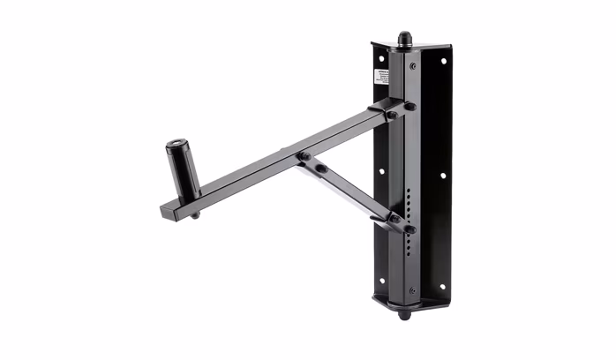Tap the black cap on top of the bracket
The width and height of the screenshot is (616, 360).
404,39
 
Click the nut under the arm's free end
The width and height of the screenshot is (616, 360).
194,214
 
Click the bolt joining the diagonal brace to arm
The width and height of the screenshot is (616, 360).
303,157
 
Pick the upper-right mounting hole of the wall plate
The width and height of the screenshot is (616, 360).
443,62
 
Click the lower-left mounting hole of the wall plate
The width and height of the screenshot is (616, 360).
381,281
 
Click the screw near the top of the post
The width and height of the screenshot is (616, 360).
412,66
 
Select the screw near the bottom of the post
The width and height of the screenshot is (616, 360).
412,289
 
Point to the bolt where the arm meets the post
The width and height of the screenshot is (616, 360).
409,107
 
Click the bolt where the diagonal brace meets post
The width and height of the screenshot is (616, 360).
409,229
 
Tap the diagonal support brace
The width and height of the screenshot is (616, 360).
349,191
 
